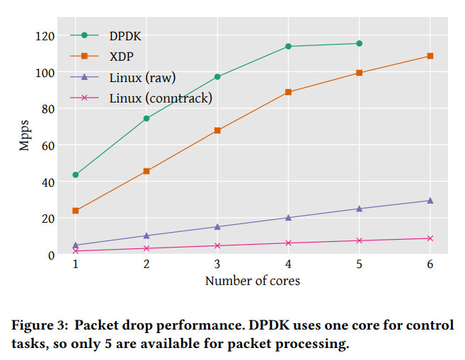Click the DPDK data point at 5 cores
coord(359,44)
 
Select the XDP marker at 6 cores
coord(430,56)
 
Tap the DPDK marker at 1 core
coord(76,175)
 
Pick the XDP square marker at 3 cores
coord(217,131)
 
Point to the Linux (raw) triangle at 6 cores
coord(430,201)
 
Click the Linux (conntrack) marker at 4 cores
coord(288,243)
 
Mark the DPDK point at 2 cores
coord(147,119)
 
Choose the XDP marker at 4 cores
coord(288,92)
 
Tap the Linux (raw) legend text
coord(142,77)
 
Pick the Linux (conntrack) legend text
coord(161,98)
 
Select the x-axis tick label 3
coord(217,264)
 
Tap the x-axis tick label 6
coord(430,264)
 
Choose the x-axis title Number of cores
coord(253,281)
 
